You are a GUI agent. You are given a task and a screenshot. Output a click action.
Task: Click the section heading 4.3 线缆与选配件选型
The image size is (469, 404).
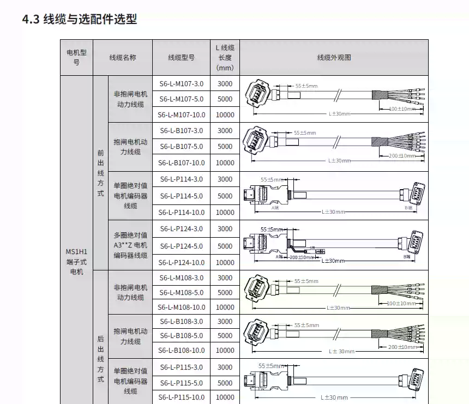(x=80, y=20)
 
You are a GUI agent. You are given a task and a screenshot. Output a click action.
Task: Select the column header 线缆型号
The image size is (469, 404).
(x=181, y=57)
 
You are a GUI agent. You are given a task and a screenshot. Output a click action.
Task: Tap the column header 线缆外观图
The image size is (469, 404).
(x=334, y=57)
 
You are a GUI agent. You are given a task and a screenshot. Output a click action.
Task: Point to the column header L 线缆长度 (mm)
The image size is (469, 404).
(x=225, y=57)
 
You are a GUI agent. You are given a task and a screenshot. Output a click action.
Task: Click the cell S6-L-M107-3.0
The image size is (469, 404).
(x=181, y=84)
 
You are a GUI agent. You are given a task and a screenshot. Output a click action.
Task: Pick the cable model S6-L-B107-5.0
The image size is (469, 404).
(x=181, y=147)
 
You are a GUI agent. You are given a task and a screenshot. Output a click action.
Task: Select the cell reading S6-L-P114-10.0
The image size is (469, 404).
(x=181, y=212)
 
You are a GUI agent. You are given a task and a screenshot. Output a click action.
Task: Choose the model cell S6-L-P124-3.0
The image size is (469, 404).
(x=181, y=229)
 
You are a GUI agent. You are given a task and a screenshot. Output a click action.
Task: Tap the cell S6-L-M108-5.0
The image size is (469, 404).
(x=181, y=293)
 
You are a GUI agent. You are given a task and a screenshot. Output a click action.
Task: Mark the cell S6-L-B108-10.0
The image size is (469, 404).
(x=181, y=351)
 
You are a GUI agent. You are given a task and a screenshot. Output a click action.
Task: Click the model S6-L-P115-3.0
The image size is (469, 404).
(x=181, y=367)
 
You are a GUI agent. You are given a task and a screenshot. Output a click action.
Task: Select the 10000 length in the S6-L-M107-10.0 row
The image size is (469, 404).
(x=225, y=115)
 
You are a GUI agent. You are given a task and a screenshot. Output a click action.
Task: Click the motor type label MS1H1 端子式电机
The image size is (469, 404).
(x=76, y=262)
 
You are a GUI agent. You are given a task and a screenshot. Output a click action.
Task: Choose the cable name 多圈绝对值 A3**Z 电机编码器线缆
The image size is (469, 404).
(x=130, y=245)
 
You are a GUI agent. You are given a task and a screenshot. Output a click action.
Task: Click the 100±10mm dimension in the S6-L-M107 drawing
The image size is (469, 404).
(x=402, y=109)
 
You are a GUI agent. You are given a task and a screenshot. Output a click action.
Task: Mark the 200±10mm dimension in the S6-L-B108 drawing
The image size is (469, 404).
(x=402, y=347)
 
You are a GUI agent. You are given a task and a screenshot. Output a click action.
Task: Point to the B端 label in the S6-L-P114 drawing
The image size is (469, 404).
(x=407, y=208)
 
